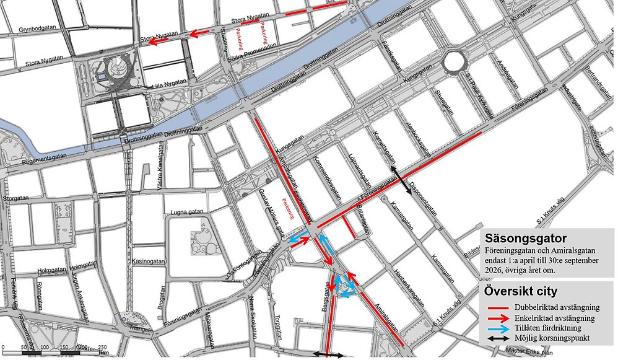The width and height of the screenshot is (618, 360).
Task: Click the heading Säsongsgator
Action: tap(526, 238)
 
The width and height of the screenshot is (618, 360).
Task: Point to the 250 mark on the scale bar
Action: tap(102, 347)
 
